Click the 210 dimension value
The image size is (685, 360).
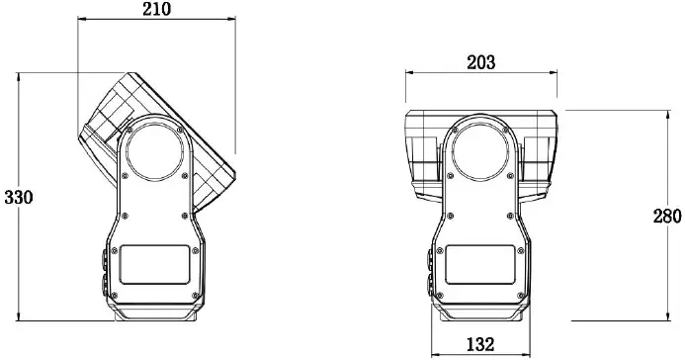pos(156,9)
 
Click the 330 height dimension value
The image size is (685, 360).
pos(19,198)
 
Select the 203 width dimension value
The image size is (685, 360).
pos(481,62)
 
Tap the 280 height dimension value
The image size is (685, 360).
pos(667,217)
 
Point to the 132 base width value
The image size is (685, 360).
pos(480,345)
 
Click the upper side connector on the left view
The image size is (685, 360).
pos(105,259)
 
